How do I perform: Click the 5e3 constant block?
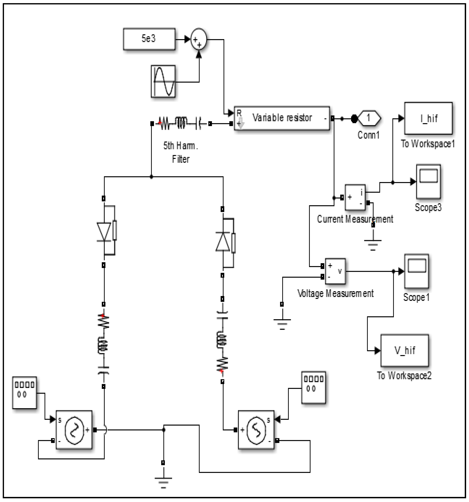pos(149,39)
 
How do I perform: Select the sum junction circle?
pos(199,39)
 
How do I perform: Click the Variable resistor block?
pos(282,118)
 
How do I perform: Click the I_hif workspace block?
pos(428,118)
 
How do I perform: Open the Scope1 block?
pos(416,271)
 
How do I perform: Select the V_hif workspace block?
pos(404,350)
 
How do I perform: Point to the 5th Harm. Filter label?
pos(181,152)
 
